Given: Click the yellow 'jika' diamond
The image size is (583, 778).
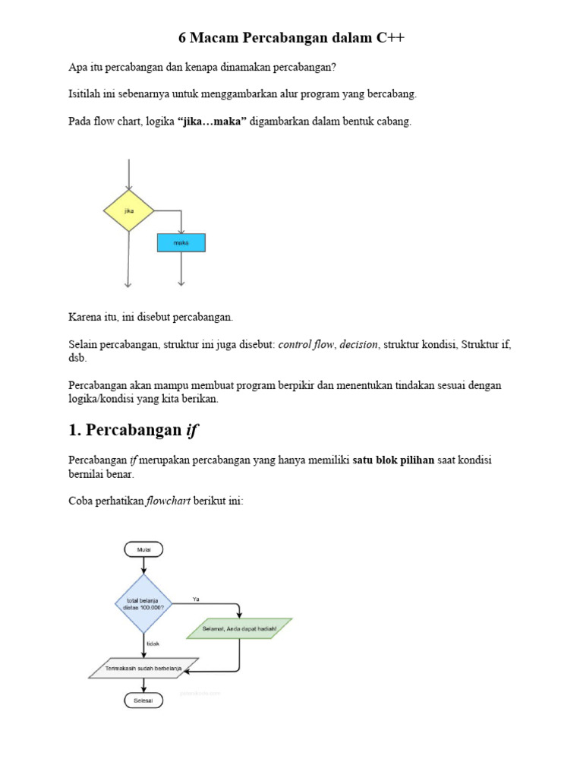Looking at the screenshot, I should pyautogui.click(x=129, y=210).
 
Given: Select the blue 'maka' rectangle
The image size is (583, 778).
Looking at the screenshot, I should pyautogui.click(x=181, y=242).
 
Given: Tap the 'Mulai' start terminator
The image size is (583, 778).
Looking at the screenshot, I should pyautogui.click(x=143, y=549).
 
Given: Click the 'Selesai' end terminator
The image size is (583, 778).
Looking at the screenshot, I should pyautogui.click(x=143, y=700).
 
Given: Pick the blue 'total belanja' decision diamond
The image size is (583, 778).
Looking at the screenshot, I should pyautogui.click(x=143, y=605).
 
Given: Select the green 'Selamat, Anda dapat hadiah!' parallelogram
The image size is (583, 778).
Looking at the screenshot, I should pyautogui.click(x=239, y=629).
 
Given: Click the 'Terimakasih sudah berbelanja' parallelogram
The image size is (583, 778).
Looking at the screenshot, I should pyautogui.click(x=143, y=668).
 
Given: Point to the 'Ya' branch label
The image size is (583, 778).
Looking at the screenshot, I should pyautogui.click(x=196, y=599).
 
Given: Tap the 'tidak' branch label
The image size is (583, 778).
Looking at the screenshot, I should pyautogui.click(x=153, y=644).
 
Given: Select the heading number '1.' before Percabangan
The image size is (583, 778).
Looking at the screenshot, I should pyautogui.click(x=74, y=430).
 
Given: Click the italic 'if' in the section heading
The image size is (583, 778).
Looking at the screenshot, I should pyautogui.click(x=191, y=430).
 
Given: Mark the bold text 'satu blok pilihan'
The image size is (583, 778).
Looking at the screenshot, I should pyautogui.click(x=393, y=460).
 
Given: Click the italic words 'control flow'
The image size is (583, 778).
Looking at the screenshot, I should pyautogui.click(x=306, y=344).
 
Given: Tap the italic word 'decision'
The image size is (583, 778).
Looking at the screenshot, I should pyautogui.click(x=358, y=344).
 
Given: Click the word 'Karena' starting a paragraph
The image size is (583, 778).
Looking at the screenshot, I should pyautogui.click(x=85, y=316).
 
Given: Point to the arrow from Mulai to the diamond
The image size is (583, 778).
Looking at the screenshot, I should pyautogui.click(x=143, y=566).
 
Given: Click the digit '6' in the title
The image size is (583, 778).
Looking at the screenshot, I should pyautogui.click(x=182, y=37).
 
